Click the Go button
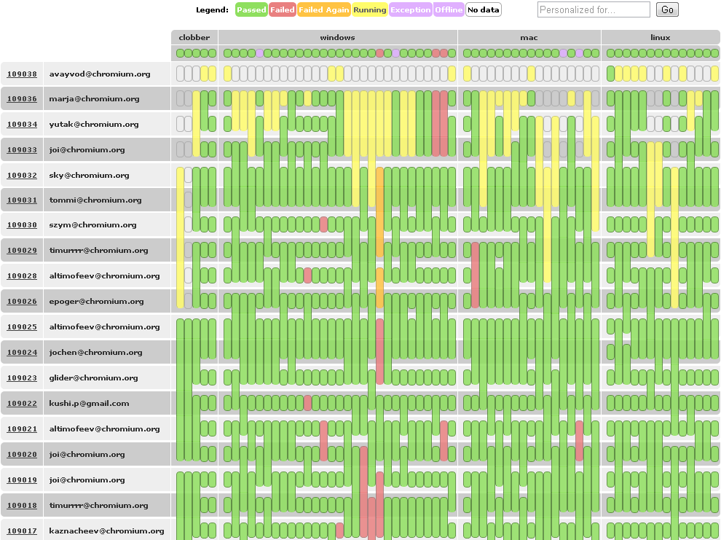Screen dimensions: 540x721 [x=667, y=9]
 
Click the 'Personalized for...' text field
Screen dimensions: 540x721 [x=594, y=9]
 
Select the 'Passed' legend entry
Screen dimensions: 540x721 [x=251, y=10]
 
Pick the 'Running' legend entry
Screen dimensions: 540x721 [x=370, y=10]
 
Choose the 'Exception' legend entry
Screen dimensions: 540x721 [x=411, y=10]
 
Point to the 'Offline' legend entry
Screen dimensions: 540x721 [x=449, y=10]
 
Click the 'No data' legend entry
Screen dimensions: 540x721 [x=483, y=10]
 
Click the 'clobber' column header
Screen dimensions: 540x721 [x=194, y=37]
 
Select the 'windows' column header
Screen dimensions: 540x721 [x=338, y=37]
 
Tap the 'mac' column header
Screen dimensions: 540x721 [x=529, y=37]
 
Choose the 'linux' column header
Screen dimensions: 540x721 [x=661, y=37]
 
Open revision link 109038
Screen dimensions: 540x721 [x=22, y=74]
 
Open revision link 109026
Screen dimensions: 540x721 [x=22, y=301]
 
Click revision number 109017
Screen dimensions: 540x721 [x=22, y=531]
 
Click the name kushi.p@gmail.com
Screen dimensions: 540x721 [x=89, y=403]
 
